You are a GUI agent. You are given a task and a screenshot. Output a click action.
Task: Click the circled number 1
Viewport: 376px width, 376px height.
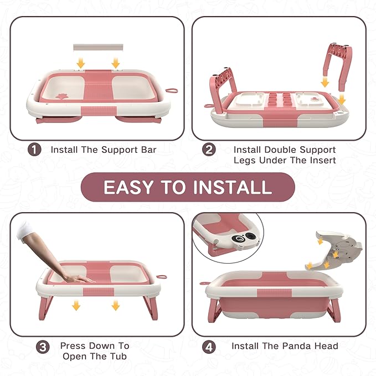coord(34,150)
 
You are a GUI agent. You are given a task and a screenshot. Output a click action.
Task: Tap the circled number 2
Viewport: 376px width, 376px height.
coord(208,150)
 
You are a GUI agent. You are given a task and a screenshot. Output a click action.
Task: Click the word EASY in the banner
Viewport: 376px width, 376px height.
coord(128,187)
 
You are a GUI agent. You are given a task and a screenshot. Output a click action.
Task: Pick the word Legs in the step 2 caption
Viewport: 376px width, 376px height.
coord(245,160)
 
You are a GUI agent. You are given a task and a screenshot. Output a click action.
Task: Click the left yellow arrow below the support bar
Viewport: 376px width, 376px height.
coord(81,64)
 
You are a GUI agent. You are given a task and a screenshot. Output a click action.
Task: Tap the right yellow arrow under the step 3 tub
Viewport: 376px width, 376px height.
coord(115,306)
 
